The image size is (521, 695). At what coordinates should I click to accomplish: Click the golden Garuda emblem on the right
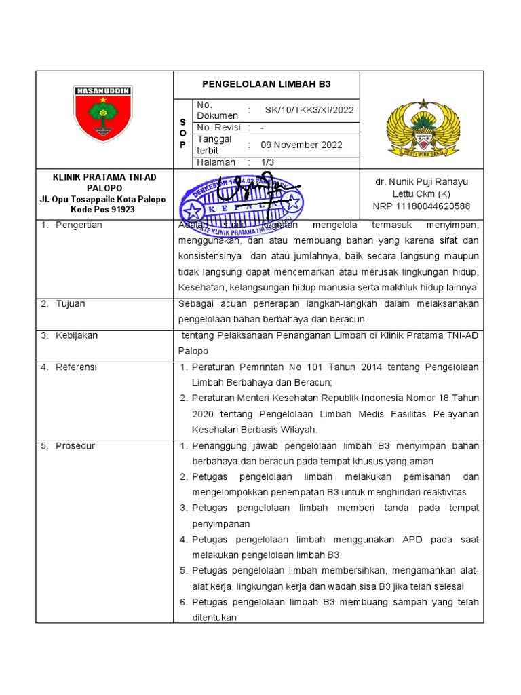[423, 129]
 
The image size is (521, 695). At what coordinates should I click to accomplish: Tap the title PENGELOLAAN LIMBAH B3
[267, 85]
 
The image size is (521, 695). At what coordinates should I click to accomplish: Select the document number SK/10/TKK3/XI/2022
[309, 110]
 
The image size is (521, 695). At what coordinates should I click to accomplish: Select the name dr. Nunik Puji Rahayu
[421, 182]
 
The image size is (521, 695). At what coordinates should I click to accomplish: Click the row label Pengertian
[79, 225]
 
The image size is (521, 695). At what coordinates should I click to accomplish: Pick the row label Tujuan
[71, 303]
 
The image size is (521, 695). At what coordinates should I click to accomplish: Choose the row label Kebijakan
[77, 335]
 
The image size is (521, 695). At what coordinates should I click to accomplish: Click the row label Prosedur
[75, 446]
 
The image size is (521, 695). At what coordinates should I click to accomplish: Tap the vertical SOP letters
[182, 133]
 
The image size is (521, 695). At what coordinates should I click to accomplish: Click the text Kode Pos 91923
[104, 210]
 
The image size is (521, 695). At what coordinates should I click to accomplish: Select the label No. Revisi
[218, 128]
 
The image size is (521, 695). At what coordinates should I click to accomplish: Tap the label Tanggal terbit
[214, 145]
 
